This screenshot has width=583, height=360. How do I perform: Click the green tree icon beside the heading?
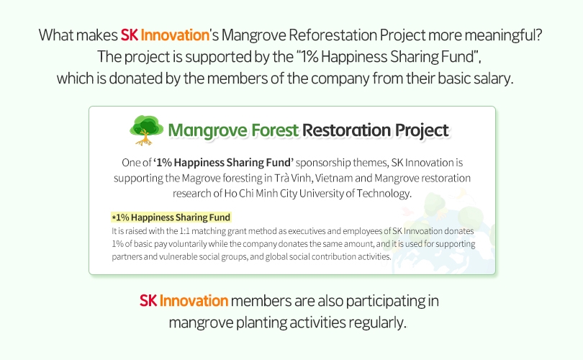[146, 130]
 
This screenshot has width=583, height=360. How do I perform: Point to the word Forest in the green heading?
[275, 130]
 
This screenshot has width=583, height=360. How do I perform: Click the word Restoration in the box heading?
[346, 130]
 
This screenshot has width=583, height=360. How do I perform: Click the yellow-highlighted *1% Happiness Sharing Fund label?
[171, 217]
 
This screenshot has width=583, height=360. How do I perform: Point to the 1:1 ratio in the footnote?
[184, 231]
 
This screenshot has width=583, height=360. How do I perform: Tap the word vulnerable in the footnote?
[176, 256]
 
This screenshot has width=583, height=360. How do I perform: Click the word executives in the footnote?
[307, 231]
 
